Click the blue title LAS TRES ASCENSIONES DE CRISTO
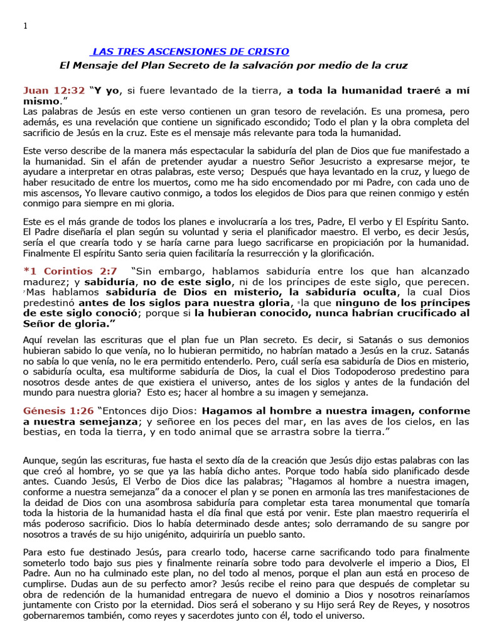point(190,51)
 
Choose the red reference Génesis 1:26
point(58,411)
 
